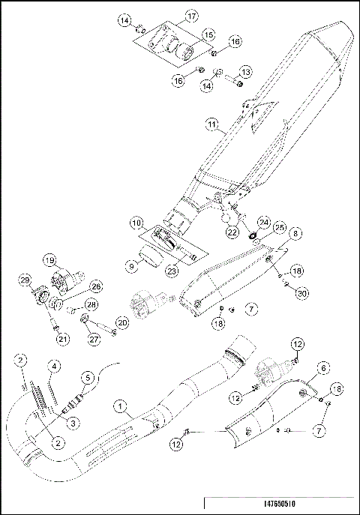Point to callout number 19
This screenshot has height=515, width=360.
pyautogui.click(x=50, y=262)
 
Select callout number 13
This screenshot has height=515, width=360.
pyautogui.click(x=245, y=71)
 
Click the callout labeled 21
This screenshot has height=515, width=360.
pyautogui.click(x=61, y=340)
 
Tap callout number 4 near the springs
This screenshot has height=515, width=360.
pyautogui.click(x=54, y=366)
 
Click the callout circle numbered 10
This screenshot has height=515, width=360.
pyautogui.click(x=135, y=223)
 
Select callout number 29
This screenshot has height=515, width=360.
pyautogui.click(x=24, y=283)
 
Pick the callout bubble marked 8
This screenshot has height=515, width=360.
pyautogui.click(x=296, y=234)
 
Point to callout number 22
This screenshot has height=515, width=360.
pyautogui.click(x=232, y=233)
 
